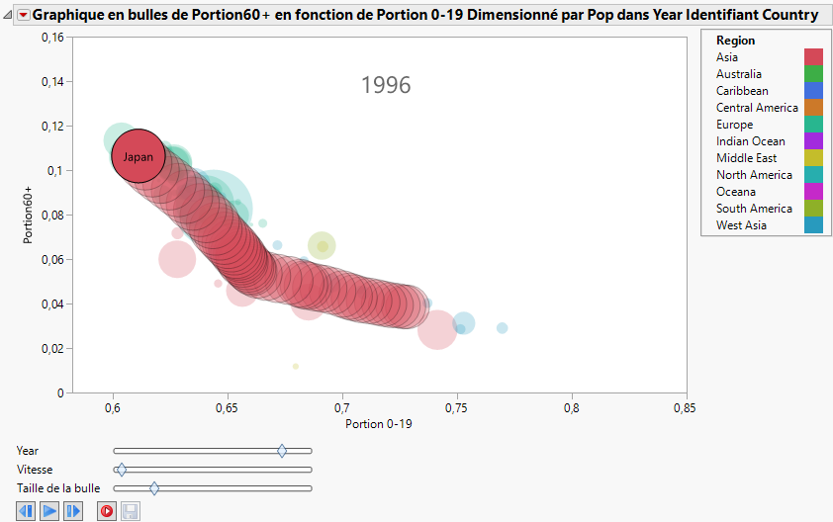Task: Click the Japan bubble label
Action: point(139,157)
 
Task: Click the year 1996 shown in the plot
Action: point(386,86)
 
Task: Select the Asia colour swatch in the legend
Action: point(813,57)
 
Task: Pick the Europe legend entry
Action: point(734,125)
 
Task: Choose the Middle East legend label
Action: point(746,158)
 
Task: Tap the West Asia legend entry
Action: point(741,225)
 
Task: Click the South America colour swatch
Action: point(813,209)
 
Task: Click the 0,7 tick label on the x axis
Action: point(342,406)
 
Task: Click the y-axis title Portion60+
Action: point(30,215)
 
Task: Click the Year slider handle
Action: point(282,451)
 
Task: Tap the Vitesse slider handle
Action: point(121,470)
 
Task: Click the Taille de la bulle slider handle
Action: point(154,488)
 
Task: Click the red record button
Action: point(106,511)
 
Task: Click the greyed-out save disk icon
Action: point(131,511)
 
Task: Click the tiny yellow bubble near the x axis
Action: point(295,367)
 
